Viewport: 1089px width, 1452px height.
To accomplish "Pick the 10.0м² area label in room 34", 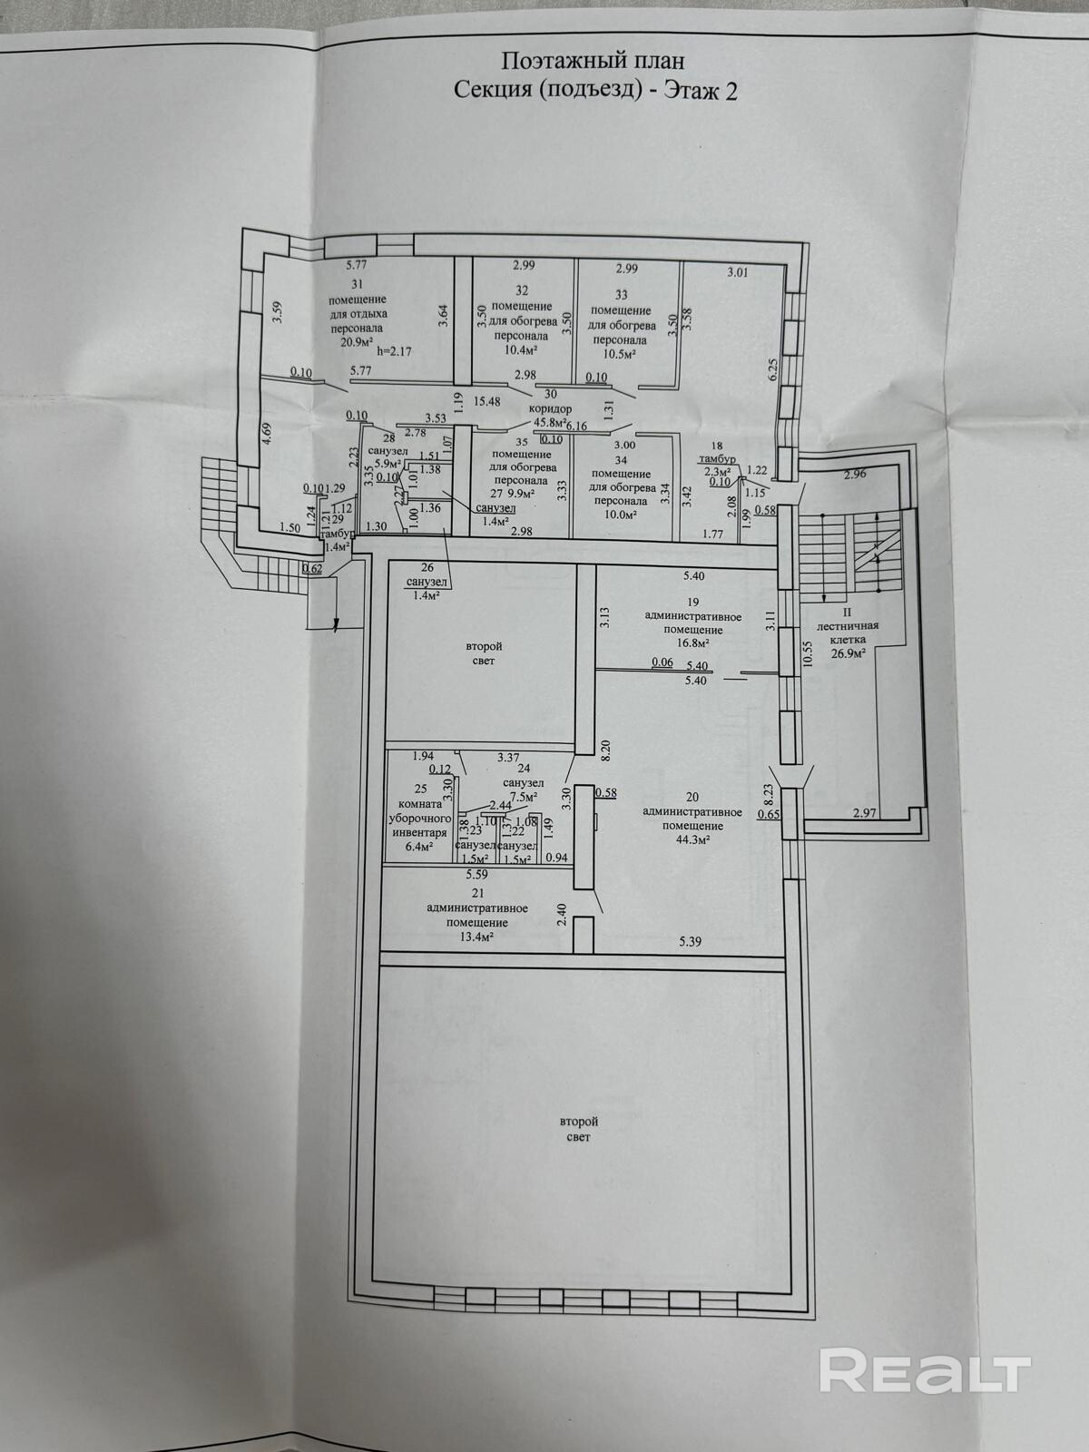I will pyautogui.click(x=620, y=514).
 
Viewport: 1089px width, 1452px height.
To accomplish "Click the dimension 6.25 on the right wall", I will pyautogui.click(x=773, y=369).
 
